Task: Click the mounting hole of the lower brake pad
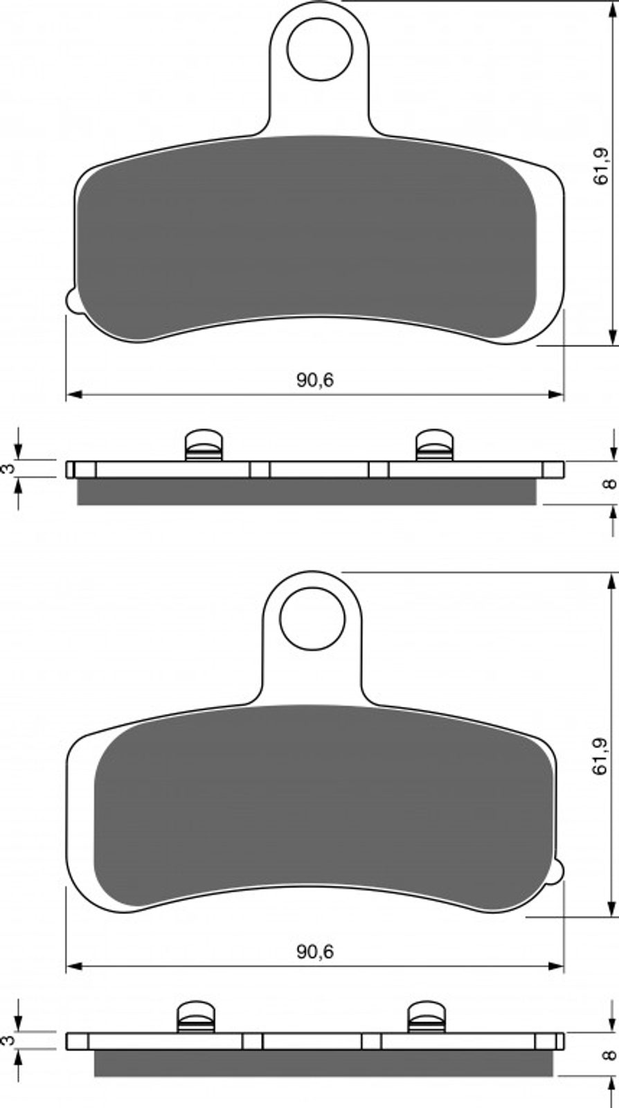[312, 618]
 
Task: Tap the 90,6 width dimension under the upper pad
[316, 379]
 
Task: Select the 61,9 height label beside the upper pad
[602, 167]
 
